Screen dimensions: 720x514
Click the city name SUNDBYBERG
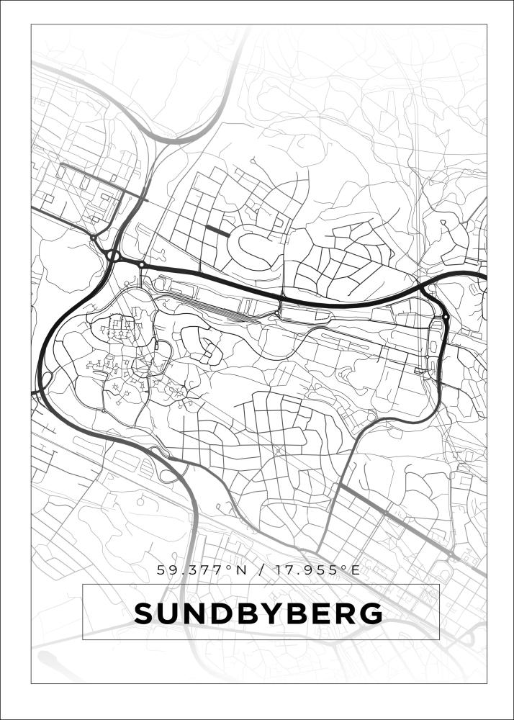click(258, 613)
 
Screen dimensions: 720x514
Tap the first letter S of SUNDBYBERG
click(144, 613)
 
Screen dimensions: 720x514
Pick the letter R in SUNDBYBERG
click(344, 613)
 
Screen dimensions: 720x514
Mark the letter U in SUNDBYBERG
click(168, 613)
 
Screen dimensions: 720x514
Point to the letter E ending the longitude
click(355, 570)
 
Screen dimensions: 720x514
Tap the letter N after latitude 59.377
click(242, 570)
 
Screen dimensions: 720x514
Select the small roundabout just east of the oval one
click(142, 265)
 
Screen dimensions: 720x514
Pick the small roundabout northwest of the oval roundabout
click(94, 237)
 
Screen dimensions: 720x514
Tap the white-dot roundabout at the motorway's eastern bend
click(446, 317)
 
